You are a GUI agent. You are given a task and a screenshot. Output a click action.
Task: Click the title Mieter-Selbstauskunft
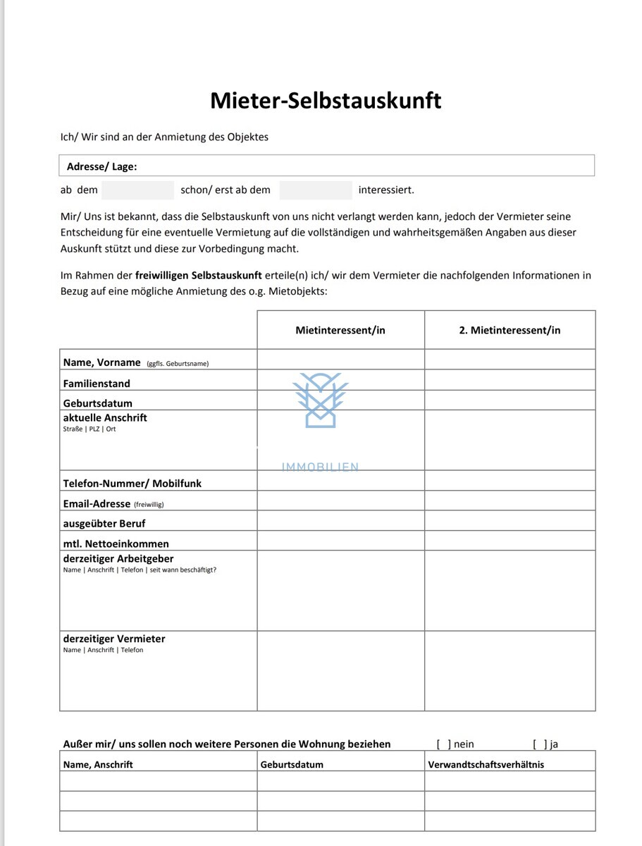pos(326,101)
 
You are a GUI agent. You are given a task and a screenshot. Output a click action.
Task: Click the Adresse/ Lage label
pos(101,166)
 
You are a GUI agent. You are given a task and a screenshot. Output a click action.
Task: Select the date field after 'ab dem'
pos(137,190)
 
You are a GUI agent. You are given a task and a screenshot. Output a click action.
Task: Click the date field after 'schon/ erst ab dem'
pos(315,190)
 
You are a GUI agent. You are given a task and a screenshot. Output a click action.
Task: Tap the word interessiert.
pos(386,190)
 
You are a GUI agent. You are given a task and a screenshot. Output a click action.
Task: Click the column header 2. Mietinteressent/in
pos(510,330)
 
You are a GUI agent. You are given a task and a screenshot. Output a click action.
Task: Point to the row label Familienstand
pos(97,384)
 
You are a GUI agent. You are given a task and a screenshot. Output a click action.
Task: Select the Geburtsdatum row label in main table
pos(97,403)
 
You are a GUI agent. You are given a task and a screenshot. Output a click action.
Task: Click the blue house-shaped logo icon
pos(321,400)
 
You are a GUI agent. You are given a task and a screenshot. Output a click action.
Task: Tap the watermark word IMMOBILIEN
pos(321,467)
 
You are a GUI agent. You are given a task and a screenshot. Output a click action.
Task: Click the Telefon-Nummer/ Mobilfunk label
pos(132,484)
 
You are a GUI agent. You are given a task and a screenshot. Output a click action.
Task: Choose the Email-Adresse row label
pos(97,504)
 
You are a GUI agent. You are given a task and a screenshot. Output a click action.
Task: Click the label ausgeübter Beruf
pos(104,524)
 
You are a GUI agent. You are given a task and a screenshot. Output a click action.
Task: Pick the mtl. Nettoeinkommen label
pos(116,544)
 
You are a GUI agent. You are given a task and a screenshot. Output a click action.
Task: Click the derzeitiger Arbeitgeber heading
pos(118,559)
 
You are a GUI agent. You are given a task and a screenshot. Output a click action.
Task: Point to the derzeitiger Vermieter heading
pos(114,639)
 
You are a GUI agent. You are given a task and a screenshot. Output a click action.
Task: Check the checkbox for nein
pos(443,744)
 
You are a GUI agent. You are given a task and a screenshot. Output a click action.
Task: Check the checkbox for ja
pos(540,744)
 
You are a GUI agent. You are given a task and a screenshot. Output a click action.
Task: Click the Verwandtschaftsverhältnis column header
pos(486,764)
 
